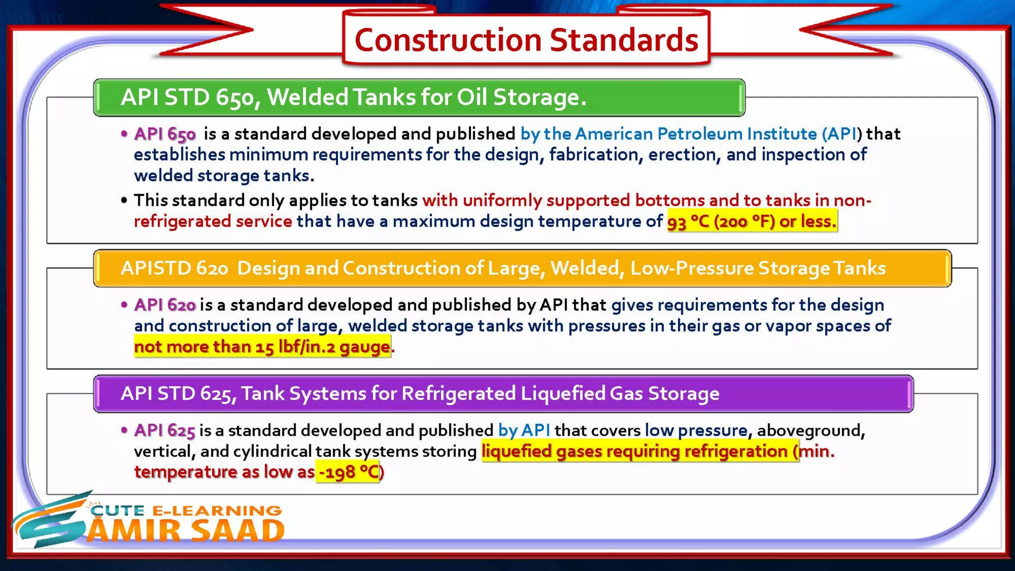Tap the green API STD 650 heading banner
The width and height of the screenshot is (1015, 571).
pos(419,97)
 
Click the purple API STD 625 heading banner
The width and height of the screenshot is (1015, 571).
pos(503,394)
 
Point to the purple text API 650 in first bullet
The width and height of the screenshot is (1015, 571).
pos(165,134)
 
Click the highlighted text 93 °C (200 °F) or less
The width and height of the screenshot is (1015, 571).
pos(752,221)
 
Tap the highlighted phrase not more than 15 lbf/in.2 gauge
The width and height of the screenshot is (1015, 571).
pos(262,346)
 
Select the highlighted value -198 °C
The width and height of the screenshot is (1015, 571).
pos(348,472)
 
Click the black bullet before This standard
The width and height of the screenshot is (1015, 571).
pos(124,201)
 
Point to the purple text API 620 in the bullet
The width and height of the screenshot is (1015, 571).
pos(165,305)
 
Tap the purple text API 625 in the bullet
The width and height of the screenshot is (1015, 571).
pos(165,430)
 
